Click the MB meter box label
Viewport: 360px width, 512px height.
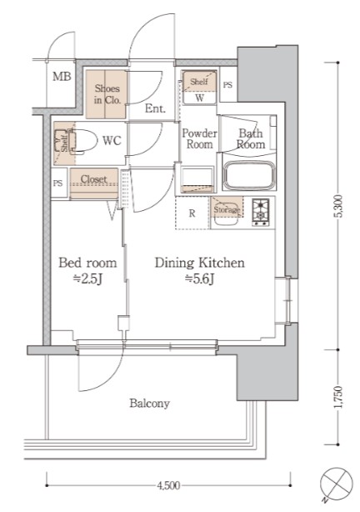click(x=62, y=77)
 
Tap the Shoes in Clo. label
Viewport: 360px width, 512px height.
click(x=107, y=94)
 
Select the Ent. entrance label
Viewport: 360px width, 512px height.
click(x=155, y=108)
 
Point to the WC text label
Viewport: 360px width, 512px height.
click(x=112, y=141)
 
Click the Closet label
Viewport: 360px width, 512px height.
click(x=93, y=179)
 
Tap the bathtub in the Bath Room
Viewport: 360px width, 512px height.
click(x=249, y=175)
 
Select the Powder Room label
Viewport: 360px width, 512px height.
click(x=199, y=138)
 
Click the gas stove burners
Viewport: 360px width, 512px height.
click(x=261, y=213)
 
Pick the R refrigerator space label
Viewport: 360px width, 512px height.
click(x=192, y=213)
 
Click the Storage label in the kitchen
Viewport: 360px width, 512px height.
click(x=227, y=209)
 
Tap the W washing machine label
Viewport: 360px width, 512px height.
click(x=199, y=98)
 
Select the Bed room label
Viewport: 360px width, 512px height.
click(x=87, y=263)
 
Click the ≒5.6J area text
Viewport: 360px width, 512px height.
click(x=200, y=279)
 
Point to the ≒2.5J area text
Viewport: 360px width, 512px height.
click(x=87, y=279)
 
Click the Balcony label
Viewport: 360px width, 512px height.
click(x=149, y=404)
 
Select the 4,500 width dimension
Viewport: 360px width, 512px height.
click(x=168, y=485)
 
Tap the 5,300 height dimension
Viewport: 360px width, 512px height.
click(x=338, y=206)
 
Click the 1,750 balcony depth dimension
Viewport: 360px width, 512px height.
click(x=338, y=397)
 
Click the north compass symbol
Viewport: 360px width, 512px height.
click(x=336, y=484)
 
